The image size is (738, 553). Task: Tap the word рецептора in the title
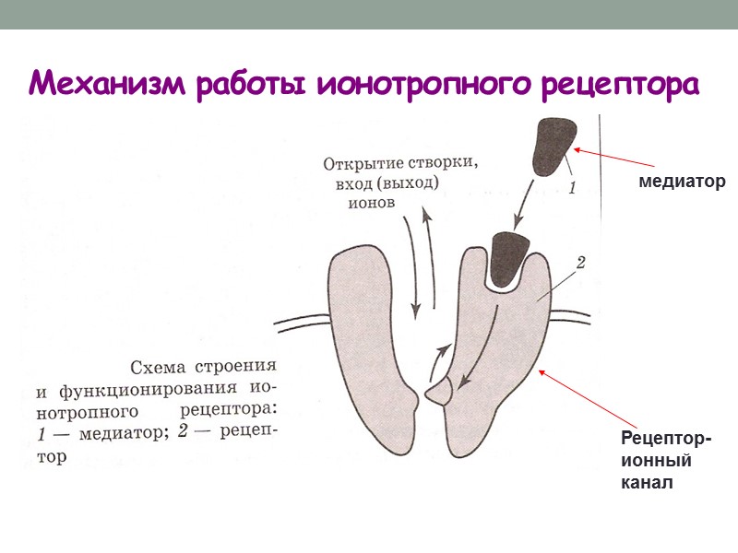tap(613, 83)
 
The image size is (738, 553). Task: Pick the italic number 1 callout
tap(572, 191)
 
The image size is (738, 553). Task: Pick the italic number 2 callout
tap(580, 264)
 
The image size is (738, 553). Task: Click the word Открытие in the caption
tap(360, 165)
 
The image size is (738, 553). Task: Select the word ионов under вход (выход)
tap(371, 203)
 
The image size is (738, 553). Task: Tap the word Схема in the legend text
tap(164, 366)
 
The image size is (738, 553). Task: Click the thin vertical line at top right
tap(601, 184)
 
